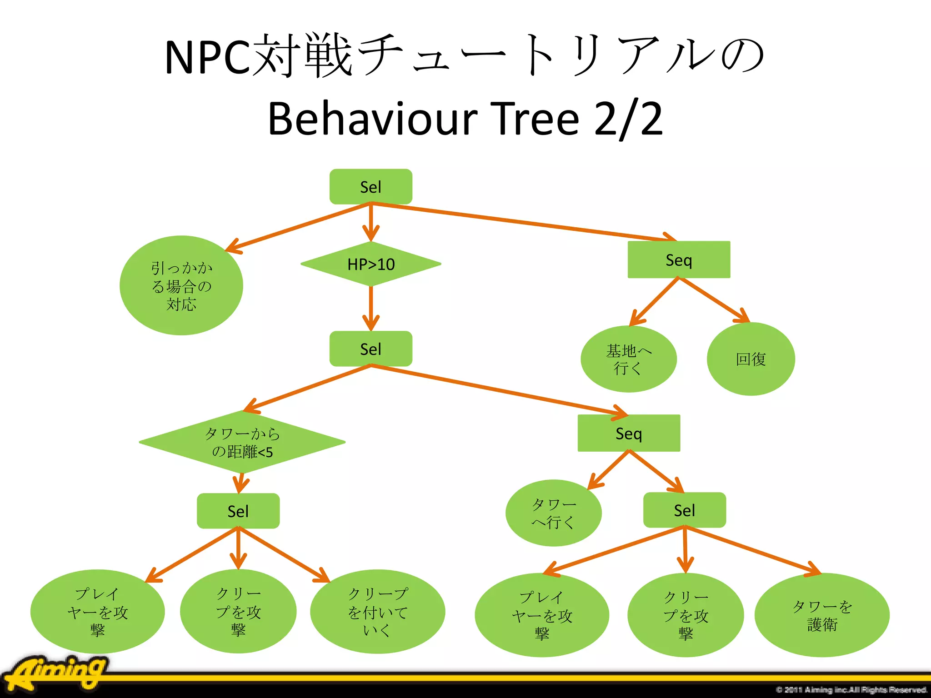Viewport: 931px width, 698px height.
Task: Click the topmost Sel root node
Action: coord(370,187)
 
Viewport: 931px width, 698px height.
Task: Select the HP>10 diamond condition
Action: coord(370,264)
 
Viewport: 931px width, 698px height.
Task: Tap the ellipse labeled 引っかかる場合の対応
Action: coord(181,286)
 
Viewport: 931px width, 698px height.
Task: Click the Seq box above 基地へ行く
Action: coord(679,260)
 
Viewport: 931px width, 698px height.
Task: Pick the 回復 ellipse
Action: coord(751,359)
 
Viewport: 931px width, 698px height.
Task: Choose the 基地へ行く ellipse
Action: coord(628,359)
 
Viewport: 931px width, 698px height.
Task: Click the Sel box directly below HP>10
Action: coord(370,349)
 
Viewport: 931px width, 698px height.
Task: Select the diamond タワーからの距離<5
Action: coord(242,442)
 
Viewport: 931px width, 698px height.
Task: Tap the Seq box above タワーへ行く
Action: coord(629,433)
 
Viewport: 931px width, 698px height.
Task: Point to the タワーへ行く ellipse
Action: coord(553,513)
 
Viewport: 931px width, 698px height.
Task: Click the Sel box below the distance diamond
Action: coord(238,511)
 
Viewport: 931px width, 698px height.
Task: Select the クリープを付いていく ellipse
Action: coord(377,612)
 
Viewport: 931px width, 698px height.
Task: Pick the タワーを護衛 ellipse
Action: coord(821,615)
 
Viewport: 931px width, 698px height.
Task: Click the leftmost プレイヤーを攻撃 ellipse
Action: coord(97,612)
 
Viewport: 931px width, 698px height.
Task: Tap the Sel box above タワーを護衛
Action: coord(684,510)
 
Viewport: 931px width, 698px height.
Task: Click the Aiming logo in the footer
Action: coord(57,673)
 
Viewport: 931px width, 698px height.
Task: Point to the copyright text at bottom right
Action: coord(851,690)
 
